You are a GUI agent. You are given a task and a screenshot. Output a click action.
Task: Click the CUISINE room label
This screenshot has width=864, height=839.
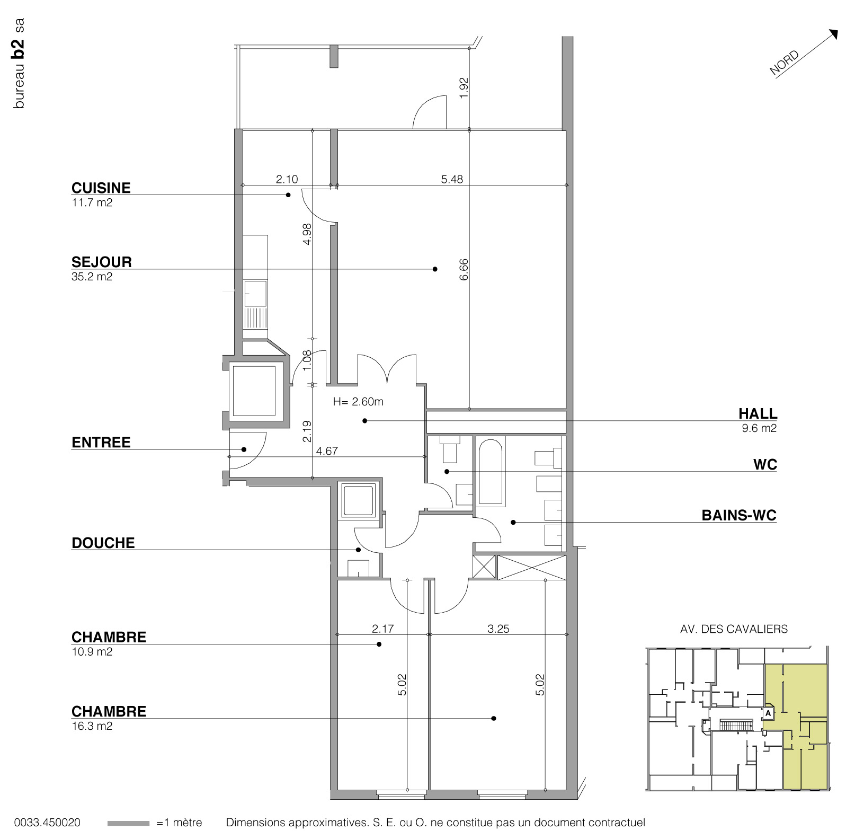tap(101, 188)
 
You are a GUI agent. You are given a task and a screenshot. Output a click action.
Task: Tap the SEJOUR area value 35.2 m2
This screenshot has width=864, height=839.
tap(92, 277)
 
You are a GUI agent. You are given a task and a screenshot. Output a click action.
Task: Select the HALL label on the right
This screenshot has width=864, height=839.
tap(758, 414)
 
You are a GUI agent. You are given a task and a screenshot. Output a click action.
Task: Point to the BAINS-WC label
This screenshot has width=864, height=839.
tap(738, 515)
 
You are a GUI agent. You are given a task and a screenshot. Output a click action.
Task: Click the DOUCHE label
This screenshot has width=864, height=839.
tap(103, 543)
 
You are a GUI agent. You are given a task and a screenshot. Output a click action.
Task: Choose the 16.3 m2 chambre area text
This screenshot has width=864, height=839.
tap(92, 726)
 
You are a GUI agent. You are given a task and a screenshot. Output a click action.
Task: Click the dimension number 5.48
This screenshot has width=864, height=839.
tap(452, 180)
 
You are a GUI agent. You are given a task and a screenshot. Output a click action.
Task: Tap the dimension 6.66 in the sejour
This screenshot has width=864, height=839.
tap(464, 269)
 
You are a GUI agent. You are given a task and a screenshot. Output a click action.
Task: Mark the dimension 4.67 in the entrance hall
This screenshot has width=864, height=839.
tap(327, 452)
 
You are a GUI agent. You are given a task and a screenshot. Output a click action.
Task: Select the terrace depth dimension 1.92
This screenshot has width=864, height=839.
tap(464, 87)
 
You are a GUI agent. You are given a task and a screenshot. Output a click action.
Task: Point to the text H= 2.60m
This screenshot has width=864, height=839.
tap(358, 402)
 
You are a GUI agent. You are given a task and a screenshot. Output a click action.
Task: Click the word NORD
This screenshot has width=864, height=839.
tap(785, 63)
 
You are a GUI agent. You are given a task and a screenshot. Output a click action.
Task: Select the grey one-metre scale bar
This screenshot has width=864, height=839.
tap(128, 823)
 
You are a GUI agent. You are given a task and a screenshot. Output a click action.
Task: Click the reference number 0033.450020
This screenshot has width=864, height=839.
tap(48, 823)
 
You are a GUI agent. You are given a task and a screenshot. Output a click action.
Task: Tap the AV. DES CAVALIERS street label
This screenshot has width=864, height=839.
tap(734, 629)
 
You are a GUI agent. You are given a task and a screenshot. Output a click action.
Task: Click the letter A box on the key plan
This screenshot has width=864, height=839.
tap(768, 714)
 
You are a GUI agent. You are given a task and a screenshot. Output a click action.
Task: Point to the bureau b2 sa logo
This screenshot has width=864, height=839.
tap(20, 64)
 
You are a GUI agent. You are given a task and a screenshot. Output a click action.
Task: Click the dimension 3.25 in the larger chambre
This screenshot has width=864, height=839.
tap(498, 629)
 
